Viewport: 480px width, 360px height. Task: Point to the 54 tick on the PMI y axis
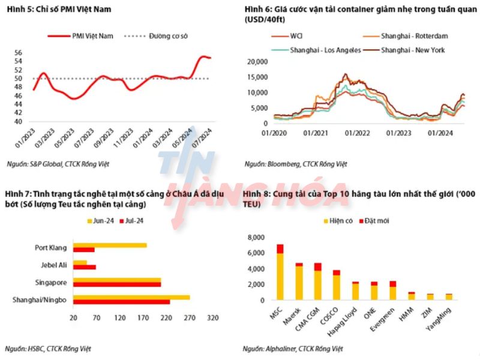[x=19, y=61]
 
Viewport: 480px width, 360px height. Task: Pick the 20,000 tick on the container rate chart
[x=257, y=62]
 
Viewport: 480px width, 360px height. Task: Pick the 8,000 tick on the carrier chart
[x=256, y=238]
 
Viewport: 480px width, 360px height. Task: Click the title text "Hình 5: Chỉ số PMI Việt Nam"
[x=50, y=9]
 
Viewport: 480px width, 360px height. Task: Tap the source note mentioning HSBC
[x=49, y=348]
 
